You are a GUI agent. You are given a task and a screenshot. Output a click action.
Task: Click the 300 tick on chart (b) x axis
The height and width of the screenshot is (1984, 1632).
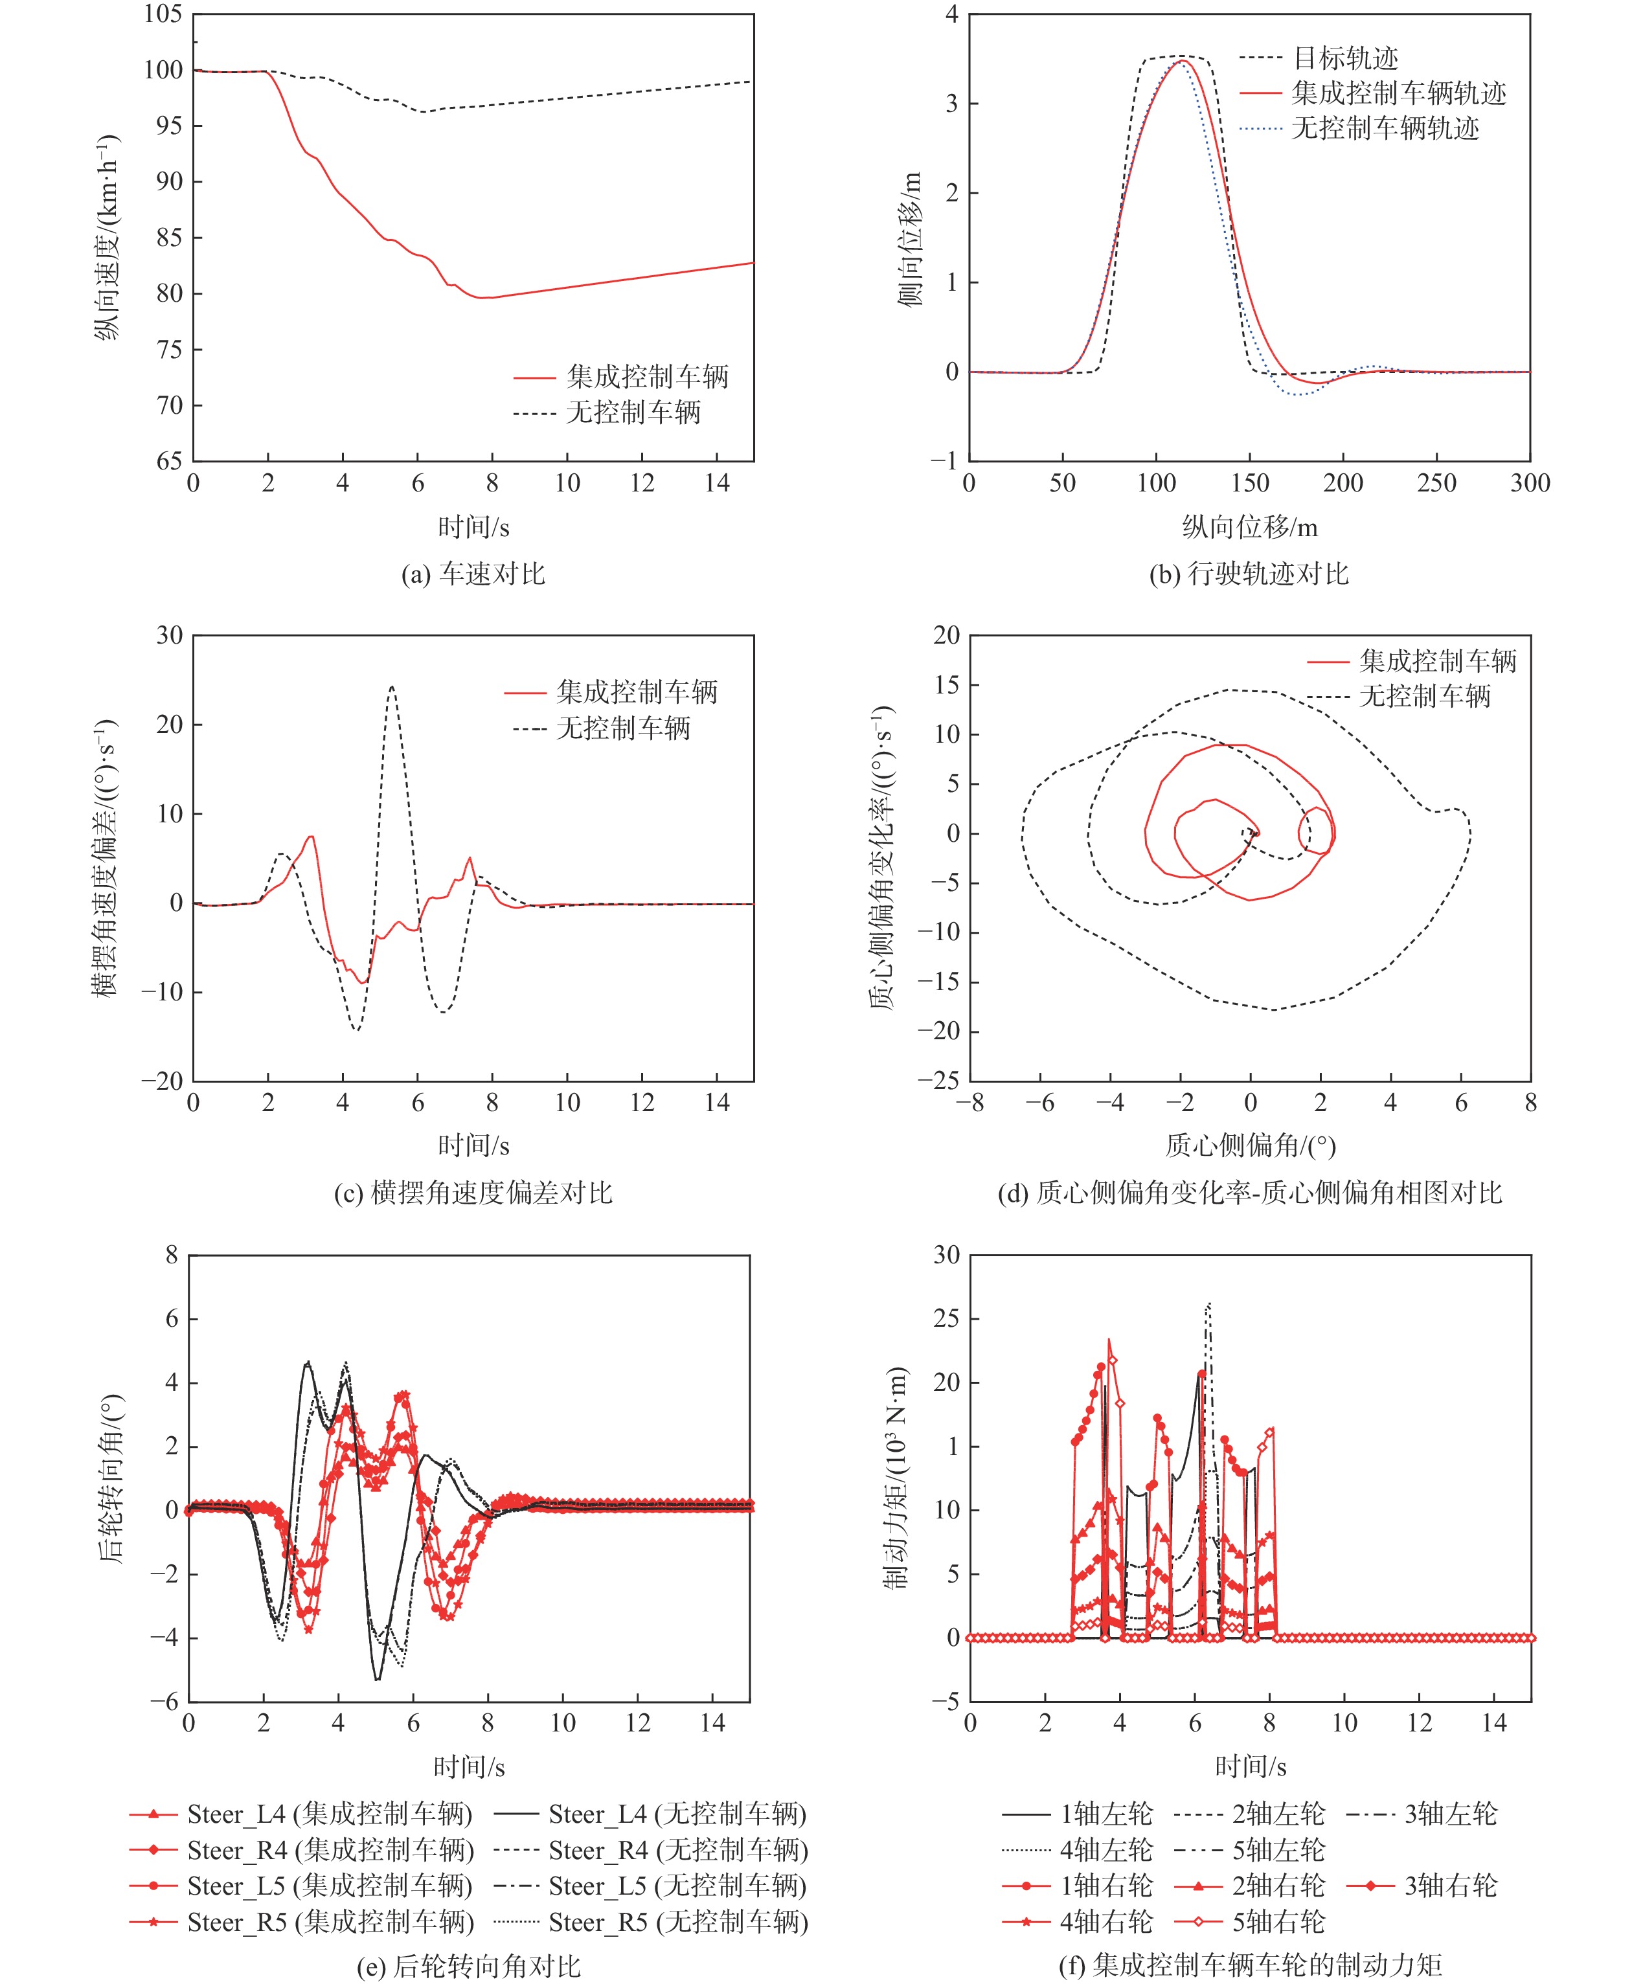(x=1530, y=483)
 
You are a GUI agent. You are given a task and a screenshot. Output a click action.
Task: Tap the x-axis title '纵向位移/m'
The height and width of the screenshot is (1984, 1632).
(x=1249, y=527)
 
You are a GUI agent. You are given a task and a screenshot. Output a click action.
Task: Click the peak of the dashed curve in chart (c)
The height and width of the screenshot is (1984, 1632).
(x=392, y=687)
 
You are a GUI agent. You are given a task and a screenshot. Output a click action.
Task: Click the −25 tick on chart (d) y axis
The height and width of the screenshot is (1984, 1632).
(x=940, y=1081)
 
